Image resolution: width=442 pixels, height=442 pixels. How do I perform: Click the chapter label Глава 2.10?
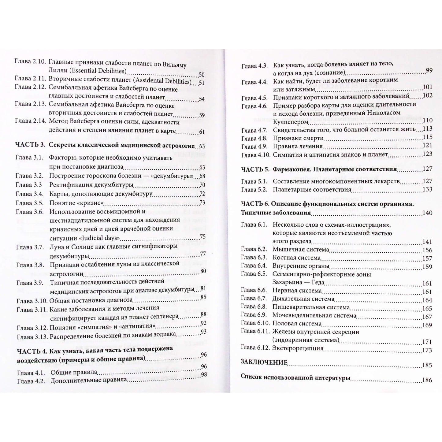(x=30, y=61)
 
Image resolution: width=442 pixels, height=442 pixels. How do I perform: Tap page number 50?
(x=202, y=75)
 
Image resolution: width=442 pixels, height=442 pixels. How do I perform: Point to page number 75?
(x=202, y=237)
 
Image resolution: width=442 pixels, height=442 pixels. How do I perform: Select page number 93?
(x=204, y=332)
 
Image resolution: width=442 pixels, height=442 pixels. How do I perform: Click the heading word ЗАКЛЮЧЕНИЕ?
(x=264, y=362)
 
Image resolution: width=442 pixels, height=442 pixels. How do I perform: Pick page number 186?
(x=427, y=380)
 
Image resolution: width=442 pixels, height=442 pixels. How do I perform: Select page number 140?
(x=427, y=213)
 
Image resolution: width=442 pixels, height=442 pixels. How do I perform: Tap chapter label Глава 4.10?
(x=256, y=155)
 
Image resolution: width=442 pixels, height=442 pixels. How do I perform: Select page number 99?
(x=429, y=70)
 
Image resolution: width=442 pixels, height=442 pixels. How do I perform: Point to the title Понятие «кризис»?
(x=76, y=203)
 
